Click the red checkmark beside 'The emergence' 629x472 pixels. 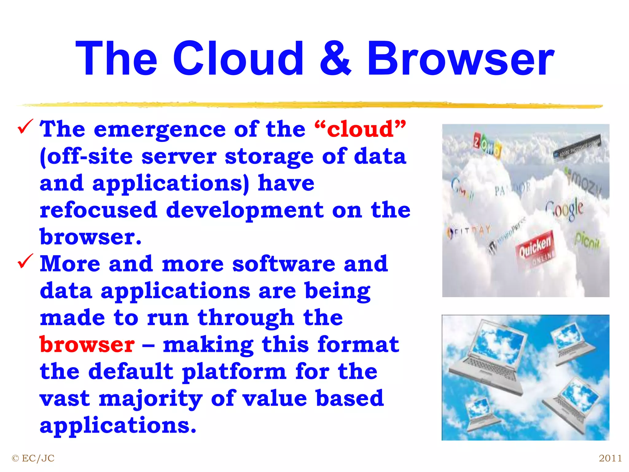tap(25, 127)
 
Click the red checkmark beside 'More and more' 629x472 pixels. tap(25, 261)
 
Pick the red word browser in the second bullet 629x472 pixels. tap(87, 345)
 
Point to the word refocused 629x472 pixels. tap(99, 210)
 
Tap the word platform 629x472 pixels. tap(234, 372)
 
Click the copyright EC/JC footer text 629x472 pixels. tap(33, 458)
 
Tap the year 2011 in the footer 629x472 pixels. tap(610, 458)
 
